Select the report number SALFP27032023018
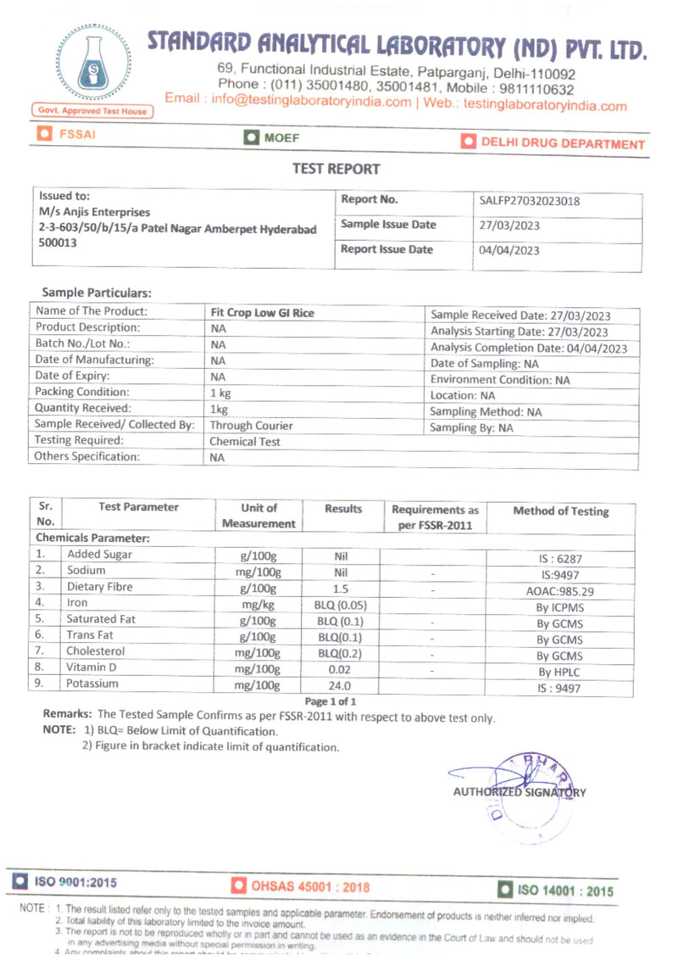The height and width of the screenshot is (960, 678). click(530, 201)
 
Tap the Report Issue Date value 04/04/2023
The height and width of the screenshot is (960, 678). click(509, 250)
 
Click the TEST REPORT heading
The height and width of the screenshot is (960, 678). click(336, 169)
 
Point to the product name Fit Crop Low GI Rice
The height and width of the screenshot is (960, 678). click(262, 313)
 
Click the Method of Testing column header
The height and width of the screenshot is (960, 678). click(560, 511)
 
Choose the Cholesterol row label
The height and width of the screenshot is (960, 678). click(96, 651)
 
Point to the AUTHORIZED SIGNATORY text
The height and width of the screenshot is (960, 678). click(519, 792)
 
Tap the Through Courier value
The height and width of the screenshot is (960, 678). click(251, 425)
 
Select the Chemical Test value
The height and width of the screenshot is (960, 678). click(245, 441)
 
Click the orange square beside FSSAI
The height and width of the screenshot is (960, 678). click(44, 134)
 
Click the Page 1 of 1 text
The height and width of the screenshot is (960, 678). click(331, 701)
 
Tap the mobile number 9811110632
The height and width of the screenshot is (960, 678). click(536, 90)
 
